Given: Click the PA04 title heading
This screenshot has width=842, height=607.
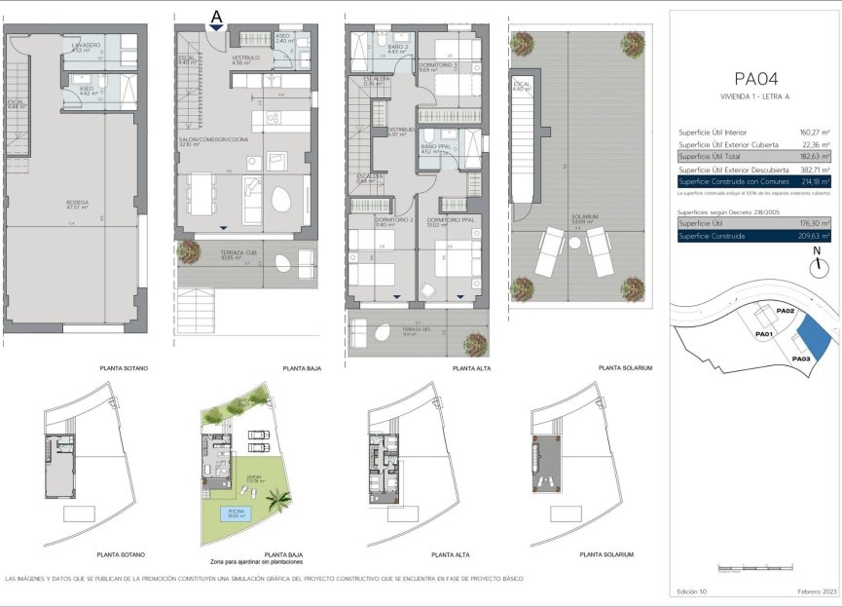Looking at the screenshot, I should pyautogui.click(x=755, y=77).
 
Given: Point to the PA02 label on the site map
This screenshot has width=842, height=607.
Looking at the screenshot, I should pyautogui.click(x=787, y=310).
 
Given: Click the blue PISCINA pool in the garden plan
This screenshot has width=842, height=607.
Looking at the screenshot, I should pyautogui.click(x=227, y=513).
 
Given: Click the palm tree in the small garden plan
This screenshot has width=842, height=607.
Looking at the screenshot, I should pyautogui.click(x=279, y=501).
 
